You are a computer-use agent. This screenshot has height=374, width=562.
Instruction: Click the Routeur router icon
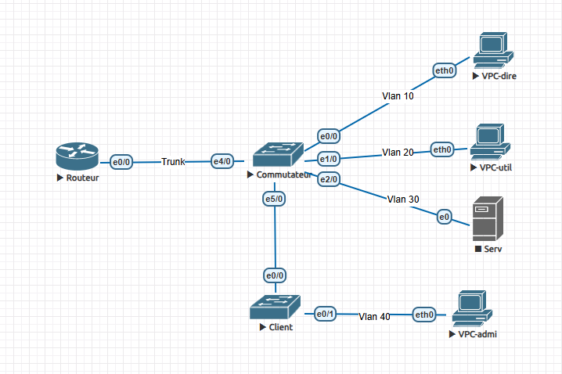(76, 156)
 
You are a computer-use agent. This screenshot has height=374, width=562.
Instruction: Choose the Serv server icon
(488, 220)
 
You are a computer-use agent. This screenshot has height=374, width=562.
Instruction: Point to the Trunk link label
(174, 162)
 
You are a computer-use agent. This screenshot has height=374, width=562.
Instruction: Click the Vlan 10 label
(398, 95)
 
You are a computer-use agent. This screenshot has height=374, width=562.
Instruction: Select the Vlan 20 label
(398, 152)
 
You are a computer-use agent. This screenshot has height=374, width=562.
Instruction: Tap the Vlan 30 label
(403, 199)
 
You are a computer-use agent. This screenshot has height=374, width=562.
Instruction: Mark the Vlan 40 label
(375, 316)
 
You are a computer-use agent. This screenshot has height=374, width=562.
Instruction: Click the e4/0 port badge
(223, 161)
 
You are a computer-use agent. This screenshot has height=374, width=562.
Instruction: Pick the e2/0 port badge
(329, 179)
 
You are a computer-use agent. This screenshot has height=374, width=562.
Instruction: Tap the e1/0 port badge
(329, 159)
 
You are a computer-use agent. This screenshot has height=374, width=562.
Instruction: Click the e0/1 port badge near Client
(325, 314)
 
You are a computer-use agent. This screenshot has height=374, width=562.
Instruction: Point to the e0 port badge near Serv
(445, 216)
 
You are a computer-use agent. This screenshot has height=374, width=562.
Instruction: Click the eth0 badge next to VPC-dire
(445, 70)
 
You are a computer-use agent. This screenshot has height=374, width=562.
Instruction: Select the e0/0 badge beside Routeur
(121, 162)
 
